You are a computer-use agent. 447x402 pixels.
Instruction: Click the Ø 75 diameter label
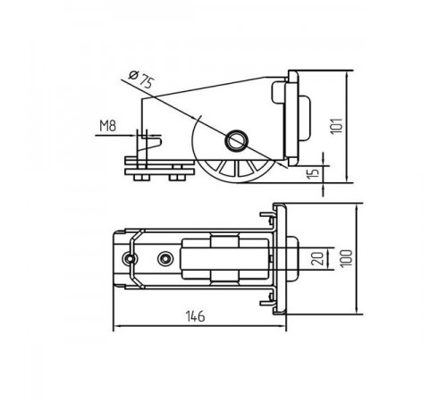click(x=141, y=79)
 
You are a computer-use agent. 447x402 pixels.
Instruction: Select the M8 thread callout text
click(x=107, y=125)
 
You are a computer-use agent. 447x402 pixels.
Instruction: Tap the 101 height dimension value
click(x=337, y=126)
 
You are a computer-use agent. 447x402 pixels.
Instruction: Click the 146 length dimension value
click(x=195, y=316)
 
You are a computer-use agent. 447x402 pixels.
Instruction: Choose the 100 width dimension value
click(x=346, y=258)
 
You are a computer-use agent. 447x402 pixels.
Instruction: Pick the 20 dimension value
click(x=317, y=258)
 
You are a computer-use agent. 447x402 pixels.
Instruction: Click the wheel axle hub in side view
click(x=236, y=140)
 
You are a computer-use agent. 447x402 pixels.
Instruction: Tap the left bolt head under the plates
click(x=141, y=178)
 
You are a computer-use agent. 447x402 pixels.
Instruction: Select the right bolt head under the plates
click(x=177, y=178)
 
